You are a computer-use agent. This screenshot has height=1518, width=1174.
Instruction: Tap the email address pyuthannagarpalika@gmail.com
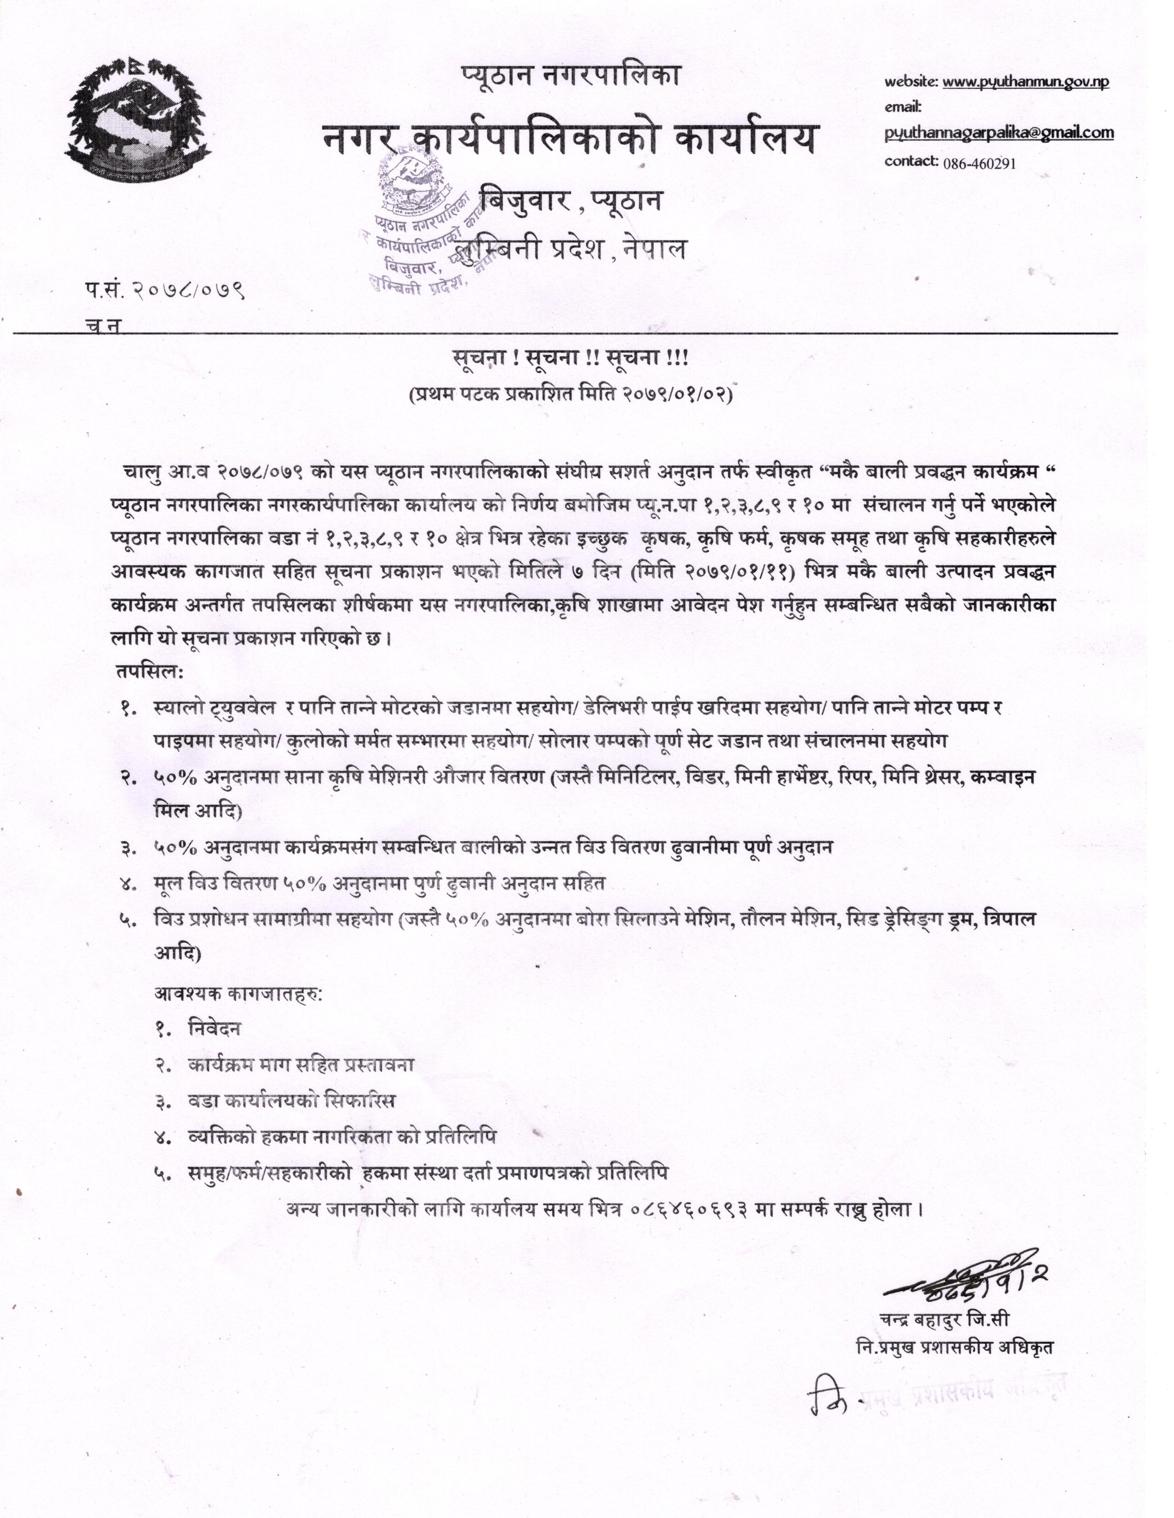[999, 133]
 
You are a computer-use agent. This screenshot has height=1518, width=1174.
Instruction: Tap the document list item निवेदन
[214, 1028]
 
